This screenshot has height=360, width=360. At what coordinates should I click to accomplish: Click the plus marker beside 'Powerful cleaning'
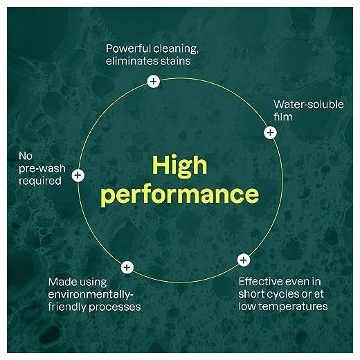click(153, 81)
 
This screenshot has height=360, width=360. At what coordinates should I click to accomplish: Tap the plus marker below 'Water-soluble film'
click(270, 132)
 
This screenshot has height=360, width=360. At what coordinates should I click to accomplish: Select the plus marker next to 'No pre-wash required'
click(78, 175)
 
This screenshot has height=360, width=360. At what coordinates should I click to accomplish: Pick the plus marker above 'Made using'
click(127, 267)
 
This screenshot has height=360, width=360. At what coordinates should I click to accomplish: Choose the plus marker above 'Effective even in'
click(244, 260)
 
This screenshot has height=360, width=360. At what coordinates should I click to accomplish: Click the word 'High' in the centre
click(180, 165)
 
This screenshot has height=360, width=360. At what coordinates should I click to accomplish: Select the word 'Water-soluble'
click(309, 105)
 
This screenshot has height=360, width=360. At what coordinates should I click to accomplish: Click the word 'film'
click(283, 117)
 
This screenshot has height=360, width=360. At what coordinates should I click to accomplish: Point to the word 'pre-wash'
click(42, 169)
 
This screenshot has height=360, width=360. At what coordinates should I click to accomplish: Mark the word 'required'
click(40, 181)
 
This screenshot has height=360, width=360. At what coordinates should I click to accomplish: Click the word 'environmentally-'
click(91, 295)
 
